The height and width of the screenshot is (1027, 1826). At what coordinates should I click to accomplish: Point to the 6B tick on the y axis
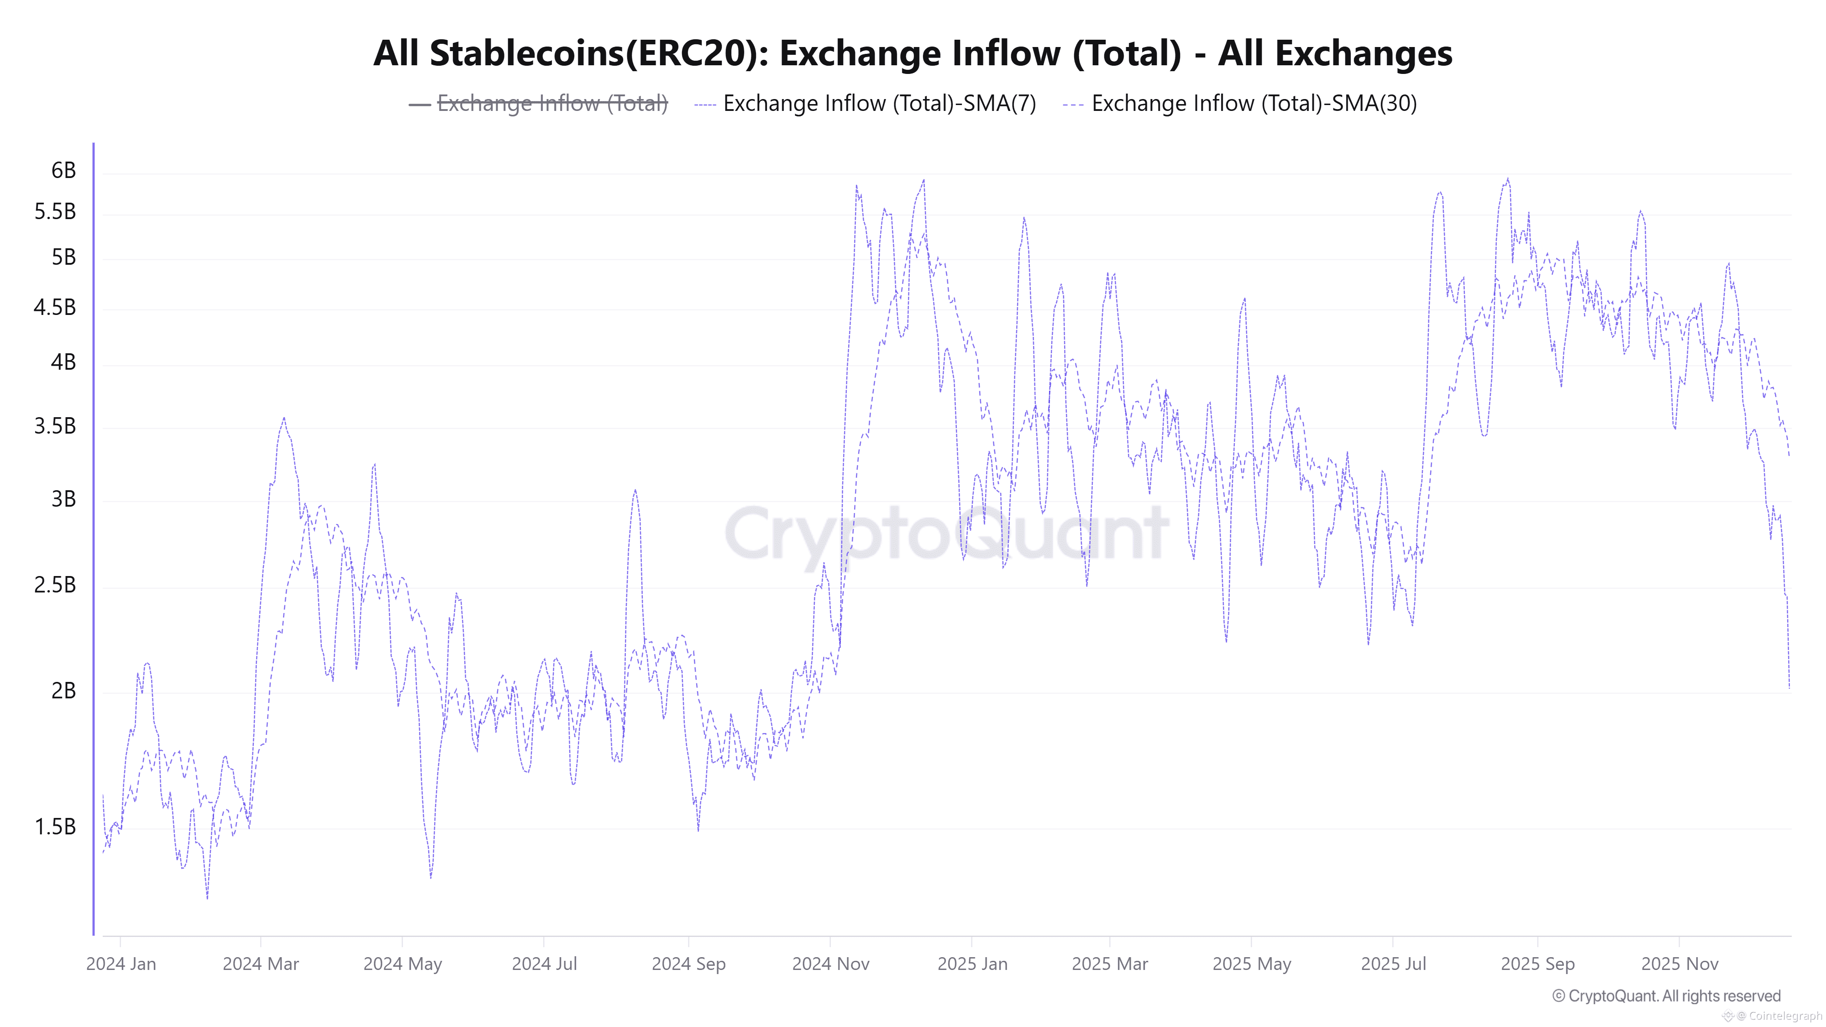(x=63, y=170)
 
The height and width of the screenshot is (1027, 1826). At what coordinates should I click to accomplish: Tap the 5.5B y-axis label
(x=55, y=211)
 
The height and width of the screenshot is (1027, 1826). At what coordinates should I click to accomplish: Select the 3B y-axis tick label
(x=63, y=499)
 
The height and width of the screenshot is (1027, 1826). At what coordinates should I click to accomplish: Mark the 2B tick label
(x=63, y=690)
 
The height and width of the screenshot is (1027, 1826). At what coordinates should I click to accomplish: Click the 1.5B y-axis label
(x=55, y=827)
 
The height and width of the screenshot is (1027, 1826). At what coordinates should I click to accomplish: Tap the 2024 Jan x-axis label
(x=121, y=964)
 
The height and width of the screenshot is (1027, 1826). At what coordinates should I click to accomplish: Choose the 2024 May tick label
(x=403, y=964)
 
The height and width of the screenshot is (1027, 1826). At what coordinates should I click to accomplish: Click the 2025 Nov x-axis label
(x=1679, y=964)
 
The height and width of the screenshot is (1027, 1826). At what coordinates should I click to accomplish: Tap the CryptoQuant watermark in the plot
(x=946, y=533)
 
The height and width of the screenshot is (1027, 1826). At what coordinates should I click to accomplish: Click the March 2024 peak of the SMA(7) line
(x=284, y=418)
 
